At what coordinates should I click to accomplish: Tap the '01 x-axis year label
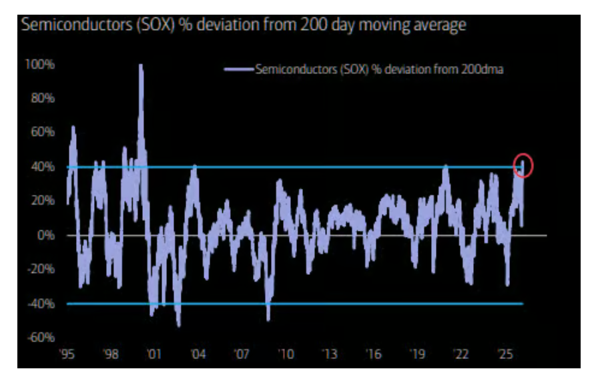pyautogui.click(x=154, y=354)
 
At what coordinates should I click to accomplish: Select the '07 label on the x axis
pyautogui.click(x=242, y=354)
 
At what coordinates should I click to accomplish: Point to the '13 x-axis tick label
pyautogui.click(x=329, y=354)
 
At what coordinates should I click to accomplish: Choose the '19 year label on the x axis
pyautogui.click(x=416, y=354)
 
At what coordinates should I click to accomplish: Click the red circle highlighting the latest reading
pyautogui.click(x=523, y=165)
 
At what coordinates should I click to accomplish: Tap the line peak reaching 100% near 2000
pyautogui.click(x=141, y=65)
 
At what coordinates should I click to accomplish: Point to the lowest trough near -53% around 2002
pyautogui.click(x=178, y=325)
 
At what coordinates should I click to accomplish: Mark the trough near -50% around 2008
pyautogui.click(x=268, y=319)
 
